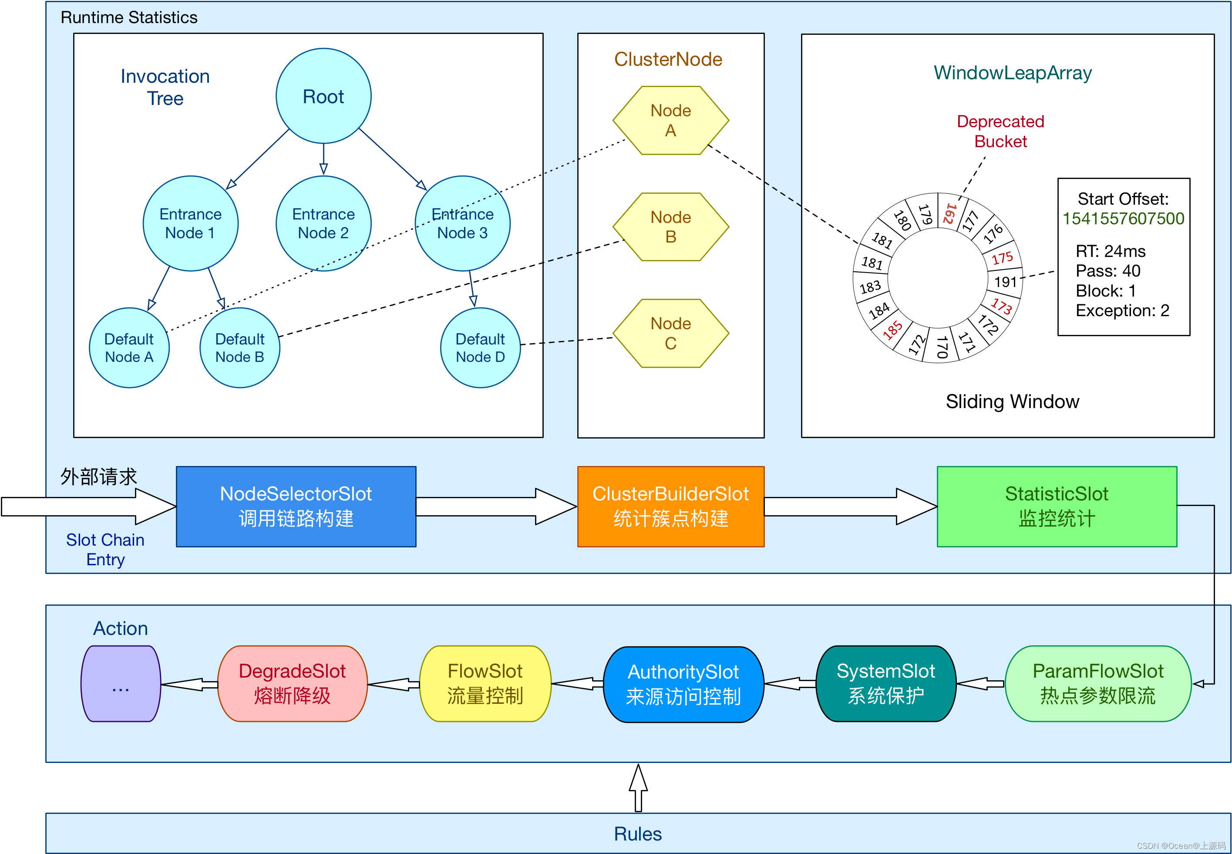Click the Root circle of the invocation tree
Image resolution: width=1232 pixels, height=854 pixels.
coord(323,96)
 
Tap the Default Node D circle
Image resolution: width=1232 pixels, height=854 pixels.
coord(480,348)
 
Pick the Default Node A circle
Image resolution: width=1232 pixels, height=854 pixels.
coord(129,348)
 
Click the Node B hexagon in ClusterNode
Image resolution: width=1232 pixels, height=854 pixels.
coord(670,227)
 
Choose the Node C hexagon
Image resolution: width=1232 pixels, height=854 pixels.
coord(670,333)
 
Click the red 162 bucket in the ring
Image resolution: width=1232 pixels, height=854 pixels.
coord(949,213)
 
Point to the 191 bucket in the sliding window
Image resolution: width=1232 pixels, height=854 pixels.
coord(1005,281)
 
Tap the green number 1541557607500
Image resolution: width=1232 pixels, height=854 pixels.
coord(1123,218)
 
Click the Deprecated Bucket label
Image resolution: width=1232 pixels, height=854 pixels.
coord(1000,131)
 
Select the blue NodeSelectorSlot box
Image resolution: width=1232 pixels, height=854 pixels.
coord(296,506)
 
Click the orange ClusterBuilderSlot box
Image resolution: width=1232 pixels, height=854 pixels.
coord(670,506)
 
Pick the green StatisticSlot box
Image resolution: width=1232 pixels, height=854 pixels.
coord(1057,506)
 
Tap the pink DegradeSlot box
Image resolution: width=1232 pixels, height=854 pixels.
coord(292,683)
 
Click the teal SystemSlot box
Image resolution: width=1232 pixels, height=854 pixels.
coord(885,683)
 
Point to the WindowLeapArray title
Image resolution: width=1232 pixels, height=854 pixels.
coord(1012,73)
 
